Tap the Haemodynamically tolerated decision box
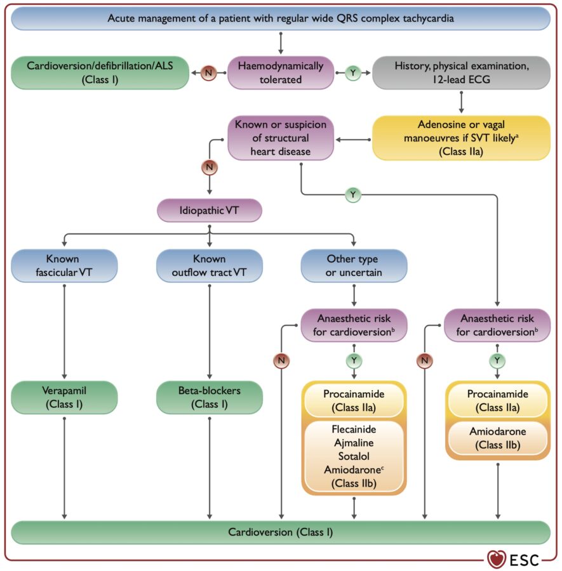[280, 72]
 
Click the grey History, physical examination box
[462, 72]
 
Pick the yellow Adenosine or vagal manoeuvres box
[462, 137]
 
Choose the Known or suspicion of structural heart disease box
[280, 137]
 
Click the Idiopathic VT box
[210, 209]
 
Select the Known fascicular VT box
[64, 266]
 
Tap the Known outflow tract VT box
[210, 266]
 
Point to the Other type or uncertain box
[354, 266]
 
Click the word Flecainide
[354, 430]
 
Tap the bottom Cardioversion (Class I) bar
[281, 532]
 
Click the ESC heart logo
[497, 559]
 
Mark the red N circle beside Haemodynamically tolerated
[208, 73]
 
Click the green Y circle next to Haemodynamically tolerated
[352, 73]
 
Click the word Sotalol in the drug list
[354, 456]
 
